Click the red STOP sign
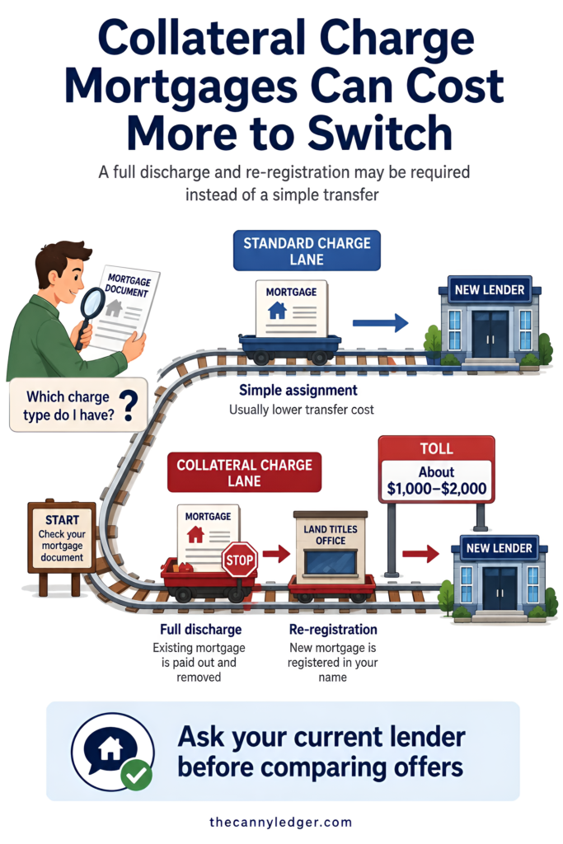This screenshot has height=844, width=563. tap(240, 560)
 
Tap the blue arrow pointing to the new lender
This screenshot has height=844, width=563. tap(381, 323)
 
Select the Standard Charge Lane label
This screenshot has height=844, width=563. tap(307, 251)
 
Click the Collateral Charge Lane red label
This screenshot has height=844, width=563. tap(244, 472)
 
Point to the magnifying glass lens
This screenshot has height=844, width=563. tap(93, 304)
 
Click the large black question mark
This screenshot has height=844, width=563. tap(129, 406)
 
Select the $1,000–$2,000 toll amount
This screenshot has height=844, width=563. tap(437, 489)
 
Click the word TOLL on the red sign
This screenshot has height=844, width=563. tap(437, 448)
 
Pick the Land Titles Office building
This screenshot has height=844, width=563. tap(331, 546)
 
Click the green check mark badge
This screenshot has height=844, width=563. tap(136, 774)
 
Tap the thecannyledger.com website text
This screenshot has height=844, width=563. tap(281, 822)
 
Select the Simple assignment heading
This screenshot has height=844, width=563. tap(298, 390)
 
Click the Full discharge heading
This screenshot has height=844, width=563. tap(201, 629)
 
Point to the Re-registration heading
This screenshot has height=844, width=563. tap(333, 629)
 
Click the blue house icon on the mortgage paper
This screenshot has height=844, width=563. tap(277, 311)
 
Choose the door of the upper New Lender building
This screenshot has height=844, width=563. tap(490, 333)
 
